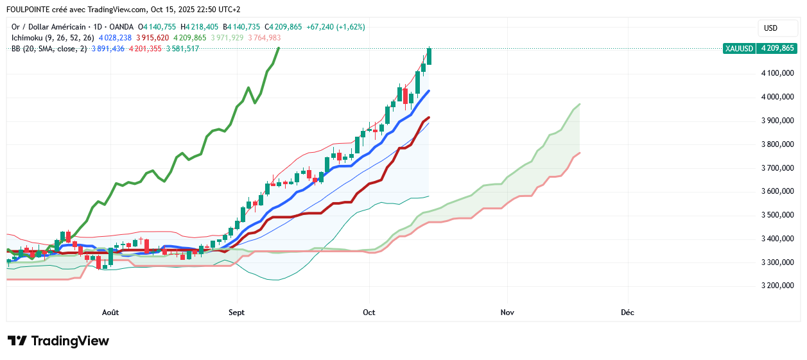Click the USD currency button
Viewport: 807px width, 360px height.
[x=770, y=28]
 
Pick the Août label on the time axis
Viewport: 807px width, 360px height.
[x=110, y=313]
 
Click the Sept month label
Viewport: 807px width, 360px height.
[x=237, y=313]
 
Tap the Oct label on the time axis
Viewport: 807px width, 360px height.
[x=369, y=313]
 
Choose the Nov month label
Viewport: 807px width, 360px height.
[x=507, y=313]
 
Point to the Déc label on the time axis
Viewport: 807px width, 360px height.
[x=627, y=313]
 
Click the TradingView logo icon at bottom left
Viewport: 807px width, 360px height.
[x=17, y=341]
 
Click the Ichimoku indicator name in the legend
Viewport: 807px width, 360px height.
[x=26, y=38]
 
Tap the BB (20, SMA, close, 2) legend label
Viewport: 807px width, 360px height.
[x=49, y=49]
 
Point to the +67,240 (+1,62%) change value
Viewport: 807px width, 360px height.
[x=336, y=27]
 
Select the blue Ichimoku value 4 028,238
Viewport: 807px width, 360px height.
[x=115, y=38]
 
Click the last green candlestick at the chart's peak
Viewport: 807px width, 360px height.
[x=429, y=56]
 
